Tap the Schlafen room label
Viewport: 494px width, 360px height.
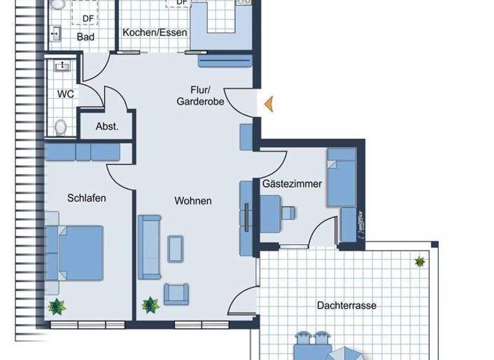pyautogui.click(x=87, y=198)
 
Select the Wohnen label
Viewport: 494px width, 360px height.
pyautogui.click(x=193, y=201)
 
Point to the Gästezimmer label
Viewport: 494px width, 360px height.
pyautogui.click(x=291, y=184)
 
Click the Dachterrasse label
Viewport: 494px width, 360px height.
pyautogui.click(x=347, y=305)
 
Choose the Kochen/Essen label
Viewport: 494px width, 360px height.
pyautogui.click(x=155, y=33)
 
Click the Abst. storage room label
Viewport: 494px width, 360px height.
pyautogui.click(x=107, y=127)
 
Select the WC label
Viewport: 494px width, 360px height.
pyautogui.click(x=66, y=94)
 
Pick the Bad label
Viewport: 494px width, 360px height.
pyautogui.click(x=86, y=37)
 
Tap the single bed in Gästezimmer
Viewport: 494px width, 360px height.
pyautogui.click(x=341, y=177)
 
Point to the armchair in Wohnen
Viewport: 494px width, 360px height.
pyautogui.click(x=177, y=293)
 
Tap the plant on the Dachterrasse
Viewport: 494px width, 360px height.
pyautogui.click(x=419, y=262)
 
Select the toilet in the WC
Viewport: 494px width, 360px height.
pyautogui.click(x=60, y=127)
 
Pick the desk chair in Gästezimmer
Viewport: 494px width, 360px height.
pyautogui.click(x=289, y=212)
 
